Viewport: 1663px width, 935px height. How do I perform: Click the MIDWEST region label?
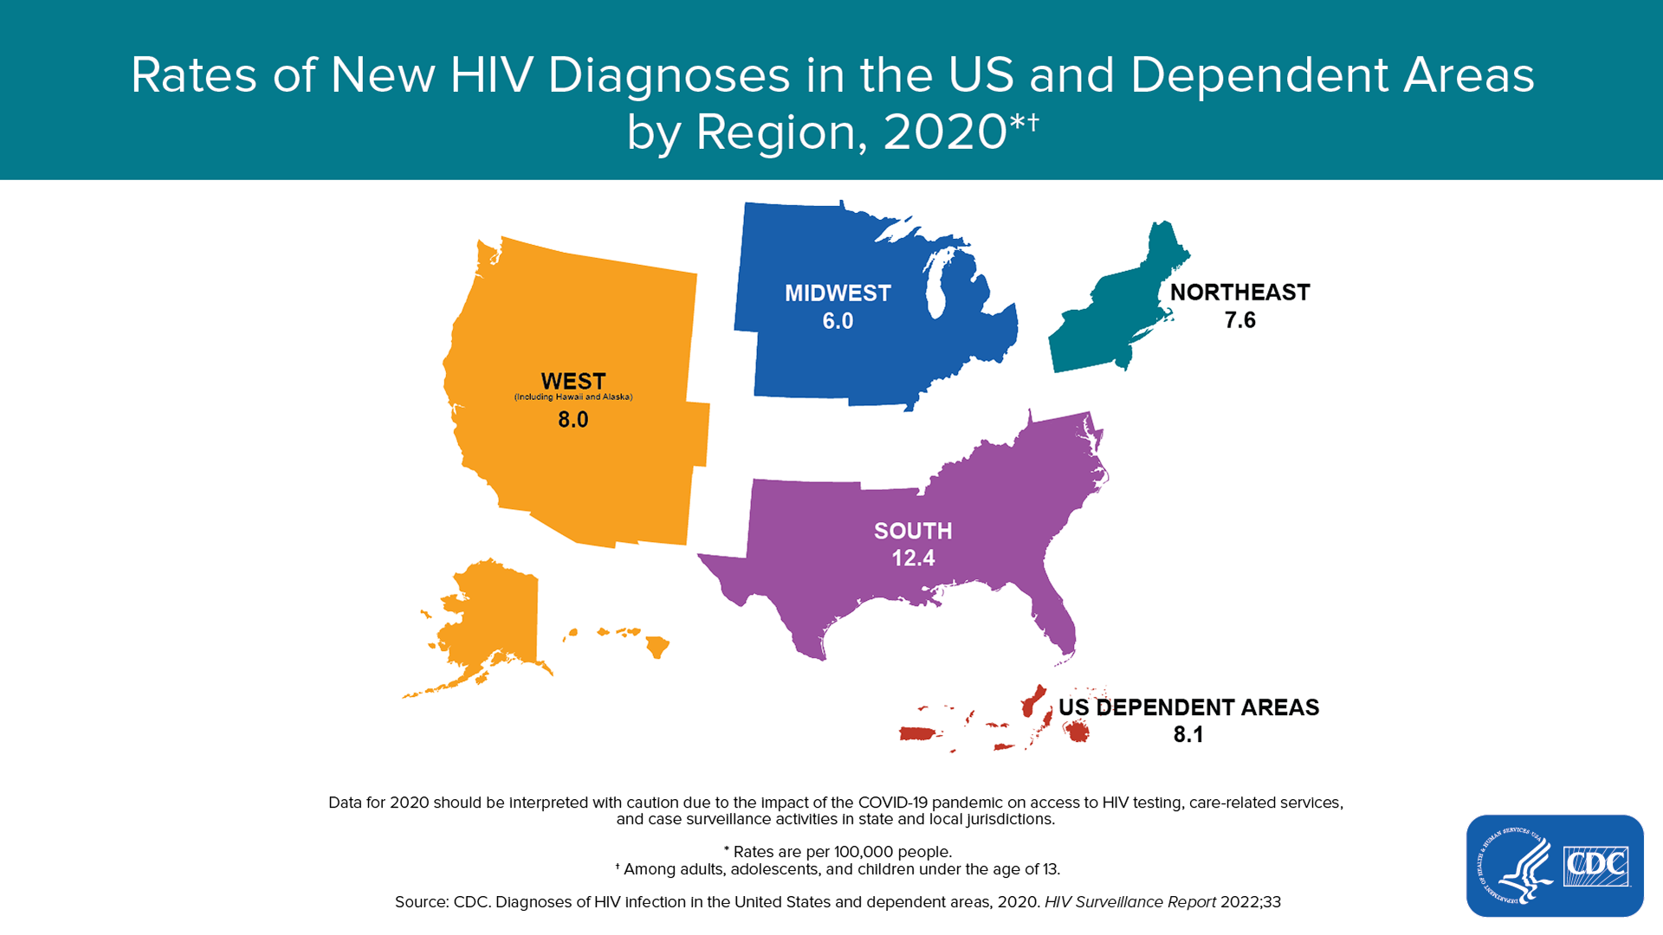point(838,293)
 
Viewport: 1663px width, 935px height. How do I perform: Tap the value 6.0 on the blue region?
point(838,321)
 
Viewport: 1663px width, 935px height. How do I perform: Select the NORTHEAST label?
point(1239,293)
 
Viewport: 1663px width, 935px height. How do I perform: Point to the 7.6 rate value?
point(1239,320)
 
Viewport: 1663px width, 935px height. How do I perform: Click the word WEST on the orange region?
point(573,382)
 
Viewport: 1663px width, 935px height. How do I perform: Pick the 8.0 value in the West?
point(573,420)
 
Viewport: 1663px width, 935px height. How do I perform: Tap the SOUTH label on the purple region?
point(913,531)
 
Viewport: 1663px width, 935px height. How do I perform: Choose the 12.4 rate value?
point(913,558)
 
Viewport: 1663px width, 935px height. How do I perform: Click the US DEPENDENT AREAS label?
point(1188,707)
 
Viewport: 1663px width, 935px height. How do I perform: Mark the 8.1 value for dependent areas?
point(1188,735)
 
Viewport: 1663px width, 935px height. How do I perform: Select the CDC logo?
point(1596,866)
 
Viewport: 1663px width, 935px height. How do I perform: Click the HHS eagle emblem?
point(1514,866)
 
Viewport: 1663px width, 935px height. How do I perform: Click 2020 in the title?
point(945,132)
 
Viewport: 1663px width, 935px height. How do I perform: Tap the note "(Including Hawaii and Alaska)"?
point(573,397)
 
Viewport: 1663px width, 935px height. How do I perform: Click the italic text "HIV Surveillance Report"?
point(1130,902)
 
